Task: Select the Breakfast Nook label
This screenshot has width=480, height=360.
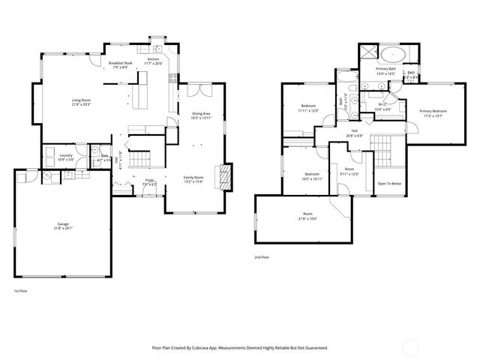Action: click(x=119, y=64)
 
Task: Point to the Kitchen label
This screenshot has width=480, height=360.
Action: click(x=153, y=59)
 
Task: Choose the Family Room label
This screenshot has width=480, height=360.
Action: click(x=193, y=178)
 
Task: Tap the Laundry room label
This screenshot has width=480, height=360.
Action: click(x=65, y=156)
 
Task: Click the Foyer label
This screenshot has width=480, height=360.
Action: click(x=150, y=181)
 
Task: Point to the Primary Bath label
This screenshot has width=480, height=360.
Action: click(x=385, y=70)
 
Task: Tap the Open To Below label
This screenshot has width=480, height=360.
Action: click(x=389, y=184)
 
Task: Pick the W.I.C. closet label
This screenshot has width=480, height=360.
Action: click(x=382, y=105)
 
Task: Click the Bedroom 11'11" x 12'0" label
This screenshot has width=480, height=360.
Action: click(x=308, y=107)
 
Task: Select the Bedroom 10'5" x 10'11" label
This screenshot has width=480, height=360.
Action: click(x=312, y=176)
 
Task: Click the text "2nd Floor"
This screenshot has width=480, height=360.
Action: click(x=262, y=257)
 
